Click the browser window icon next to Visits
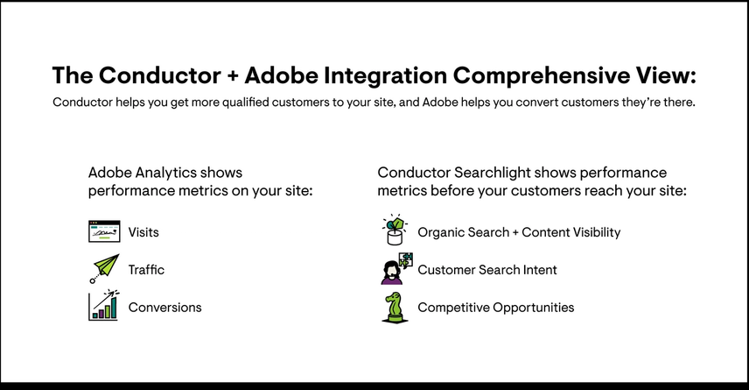point(103,232)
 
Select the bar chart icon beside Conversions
point(103,306)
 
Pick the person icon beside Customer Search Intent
point(394,269)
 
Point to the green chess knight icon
point(394,307)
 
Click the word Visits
point(143,232)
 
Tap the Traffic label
point(146,270)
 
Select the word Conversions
point(164,308)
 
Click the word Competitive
point(453,308)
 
